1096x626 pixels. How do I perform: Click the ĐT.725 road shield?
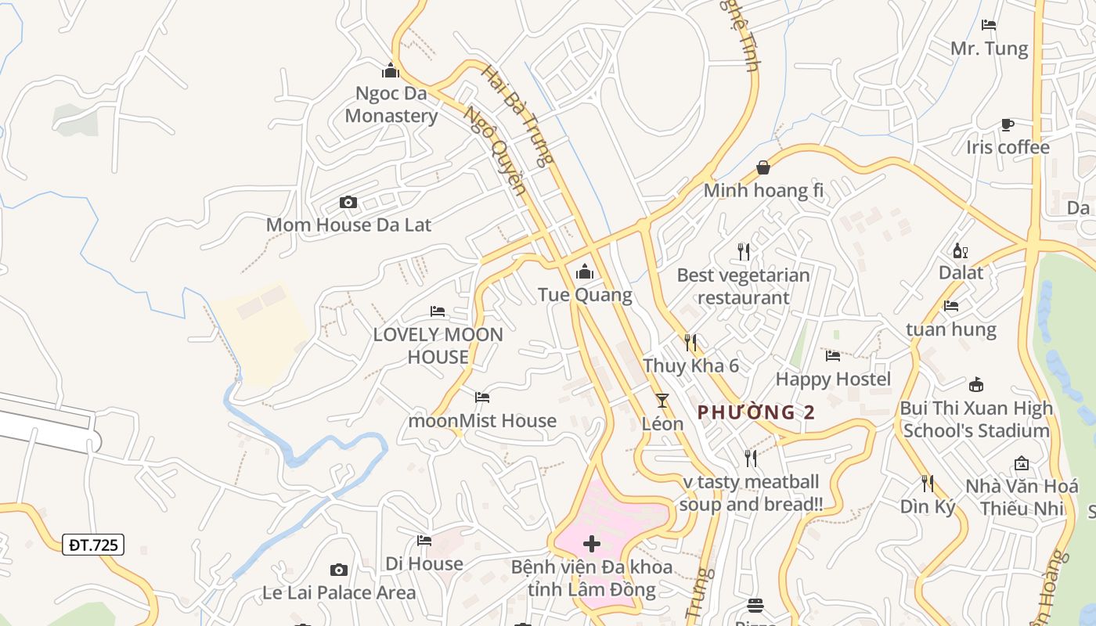click(x=93, y=545)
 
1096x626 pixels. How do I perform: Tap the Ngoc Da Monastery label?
click(x=391, y=105)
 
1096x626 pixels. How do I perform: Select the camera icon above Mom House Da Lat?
click(x=348, y=203)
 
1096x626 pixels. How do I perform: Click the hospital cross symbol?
click(x=592, y=544)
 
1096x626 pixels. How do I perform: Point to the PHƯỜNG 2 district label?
click(x=756, y=412)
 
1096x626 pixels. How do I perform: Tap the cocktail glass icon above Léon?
click(x=662, y=401)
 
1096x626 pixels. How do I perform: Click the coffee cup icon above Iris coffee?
click(x=1008, y=125)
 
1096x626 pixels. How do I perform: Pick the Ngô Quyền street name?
click(x=494, y=150)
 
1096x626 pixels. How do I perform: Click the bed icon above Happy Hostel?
click(x=833, y=356)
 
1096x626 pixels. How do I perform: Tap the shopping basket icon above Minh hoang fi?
click(x=763, y=167)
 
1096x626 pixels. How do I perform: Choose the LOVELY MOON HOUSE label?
click(x=438, y=346)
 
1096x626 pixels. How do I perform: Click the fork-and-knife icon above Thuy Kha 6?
click(x=690, y=343)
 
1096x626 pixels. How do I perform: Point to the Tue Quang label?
click(x=585, y=295)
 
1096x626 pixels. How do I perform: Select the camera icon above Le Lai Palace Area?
click(x=339, y=570)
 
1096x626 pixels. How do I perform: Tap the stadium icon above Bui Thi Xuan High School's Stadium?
click(x=975, y=385)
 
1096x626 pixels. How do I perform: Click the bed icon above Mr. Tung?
click(x=989, y=25)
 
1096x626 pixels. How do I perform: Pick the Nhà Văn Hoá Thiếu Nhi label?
click(x=1022, y=497)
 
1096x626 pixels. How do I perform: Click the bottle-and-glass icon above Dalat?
click(x=961, y=250)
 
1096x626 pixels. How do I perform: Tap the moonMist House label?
click(x=482, y=420)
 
